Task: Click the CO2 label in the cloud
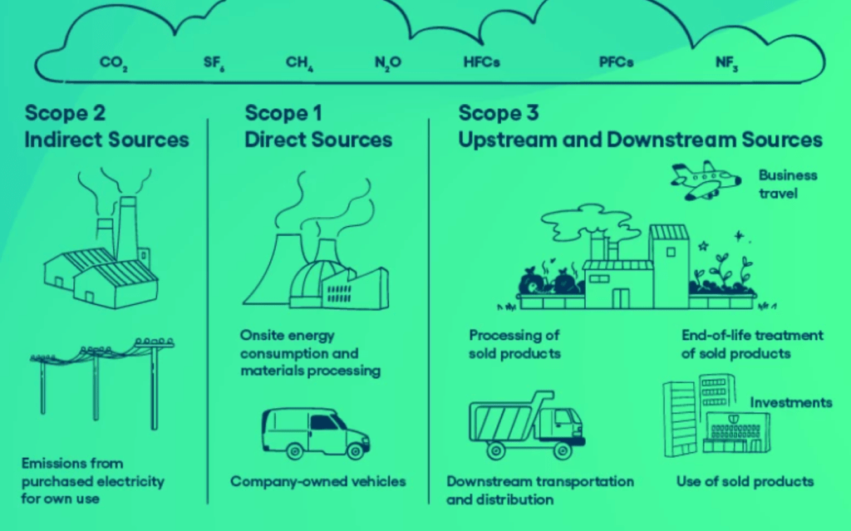point(113,63)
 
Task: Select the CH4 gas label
point(299,63)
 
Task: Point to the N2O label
point(388,63)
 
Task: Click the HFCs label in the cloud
point(482,62)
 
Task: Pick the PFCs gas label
point(617,62)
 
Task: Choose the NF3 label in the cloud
point(726,63)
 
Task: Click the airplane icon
point(706,180)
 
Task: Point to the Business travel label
point(787,184)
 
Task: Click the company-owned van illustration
point(315,432)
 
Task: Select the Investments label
point(790,403)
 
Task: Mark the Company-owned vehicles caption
point(318,481)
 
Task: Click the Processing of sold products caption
point(514,344)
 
